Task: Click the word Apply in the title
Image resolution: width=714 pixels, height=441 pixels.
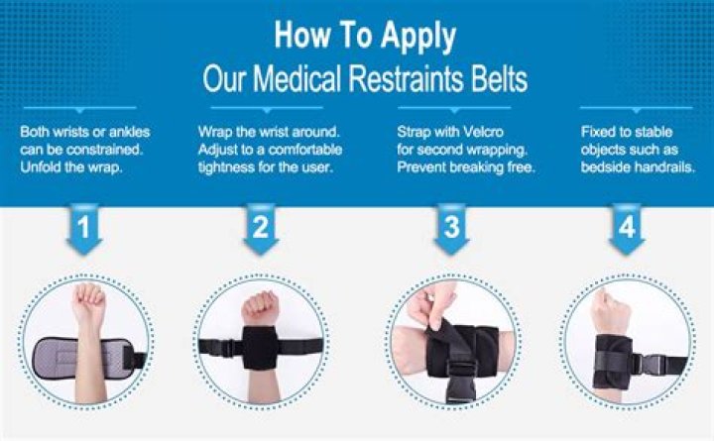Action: (418, 37)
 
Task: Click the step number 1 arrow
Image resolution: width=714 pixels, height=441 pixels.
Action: (83, 229)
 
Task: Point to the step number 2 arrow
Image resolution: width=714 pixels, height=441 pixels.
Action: (261, 229)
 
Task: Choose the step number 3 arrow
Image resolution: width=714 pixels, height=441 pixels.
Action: (451, 229)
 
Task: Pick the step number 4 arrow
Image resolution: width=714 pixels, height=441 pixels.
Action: (627, 229)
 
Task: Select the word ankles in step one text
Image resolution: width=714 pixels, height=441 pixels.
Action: (129, 132)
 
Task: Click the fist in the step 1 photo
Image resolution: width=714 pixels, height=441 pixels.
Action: (88, 301)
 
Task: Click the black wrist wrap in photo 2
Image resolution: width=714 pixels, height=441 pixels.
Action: (260, 347)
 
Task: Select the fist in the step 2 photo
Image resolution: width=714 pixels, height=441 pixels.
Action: (260, 308)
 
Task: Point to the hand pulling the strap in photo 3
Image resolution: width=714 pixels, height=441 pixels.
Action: (430, 304)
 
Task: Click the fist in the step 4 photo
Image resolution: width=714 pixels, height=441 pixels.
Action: (609, 311)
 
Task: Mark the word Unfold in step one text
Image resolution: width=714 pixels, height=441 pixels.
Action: (41, 167)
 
